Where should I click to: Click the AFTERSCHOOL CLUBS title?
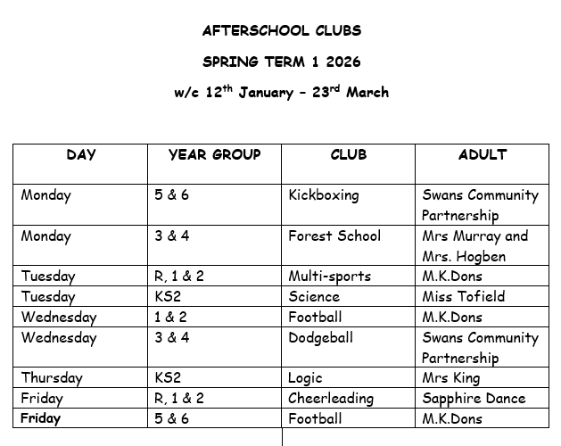point(281,31)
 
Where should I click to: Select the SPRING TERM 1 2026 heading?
point(281,62)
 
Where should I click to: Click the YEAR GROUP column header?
point(214,154)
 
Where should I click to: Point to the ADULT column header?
point(482,154)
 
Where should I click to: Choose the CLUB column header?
point(348,154)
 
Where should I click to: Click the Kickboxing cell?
point(323,195)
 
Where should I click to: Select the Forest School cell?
point(334,236)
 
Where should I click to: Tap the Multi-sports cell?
point(329,277)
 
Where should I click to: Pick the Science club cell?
point(313,297)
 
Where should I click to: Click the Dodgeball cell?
point(320,338)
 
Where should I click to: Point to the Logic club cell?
point(305,378)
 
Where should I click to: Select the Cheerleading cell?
point(330,399)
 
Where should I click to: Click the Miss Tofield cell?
point(463,297)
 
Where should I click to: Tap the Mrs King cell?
point(451,378)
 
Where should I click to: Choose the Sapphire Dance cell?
point(473,399)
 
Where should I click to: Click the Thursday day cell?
point(51,378)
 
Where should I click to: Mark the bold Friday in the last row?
point(41,418)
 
